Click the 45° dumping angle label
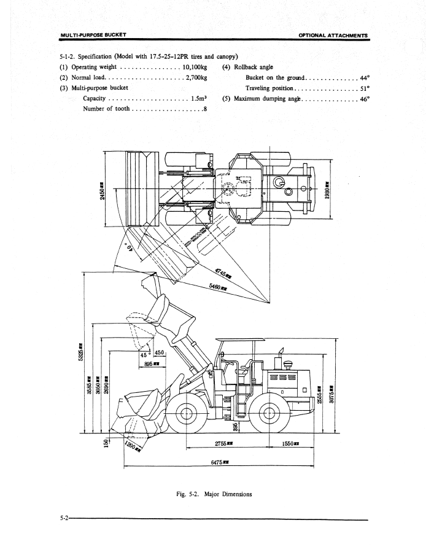[x=145, y=354]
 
